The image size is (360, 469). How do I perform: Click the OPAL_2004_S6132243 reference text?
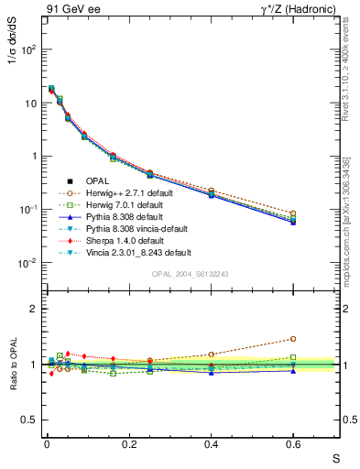(x=190, y=275)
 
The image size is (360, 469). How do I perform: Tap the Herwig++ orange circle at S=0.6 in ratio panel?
(x=293, y=338)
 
